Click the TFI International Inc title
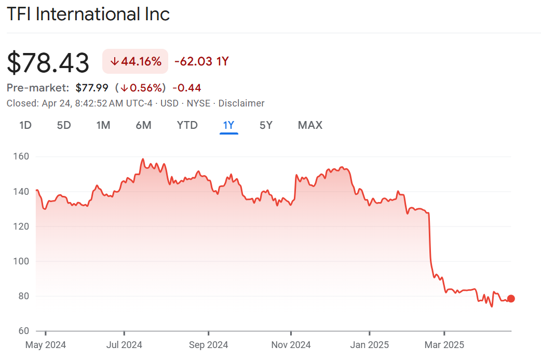(x=88, y=14)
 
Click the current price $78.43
(x=48, y=62)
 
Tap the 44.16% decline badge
(x=136, y=61)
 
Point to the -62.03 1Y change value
(x=201, y=61)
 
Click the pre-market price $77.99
(x=92, y=88)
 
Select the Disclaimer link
(x=241, y=103)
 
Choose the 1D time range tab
(x=25, y=125)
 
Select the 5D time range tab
(x=64, y=125)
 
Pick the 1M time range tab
(x=103, y=125)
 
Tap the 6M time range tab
(x=143, y=125)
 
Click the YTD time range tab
(x=187, y=125)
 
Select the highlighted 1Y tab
(x=229, y=125)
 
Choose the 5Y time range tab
(x=266, y=125)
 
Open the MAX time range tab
(x=310, y=125)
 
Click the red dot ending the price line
(x=511, y=298)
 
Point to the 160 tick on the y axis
(x=21, y=157)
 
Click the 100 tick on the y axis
(x=21, y=261)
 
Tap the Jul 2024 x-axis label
(x=124, y=345)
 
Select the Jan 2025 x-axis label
(x=369, y=345)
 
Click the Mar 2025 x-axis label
(x=444, y=345)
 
